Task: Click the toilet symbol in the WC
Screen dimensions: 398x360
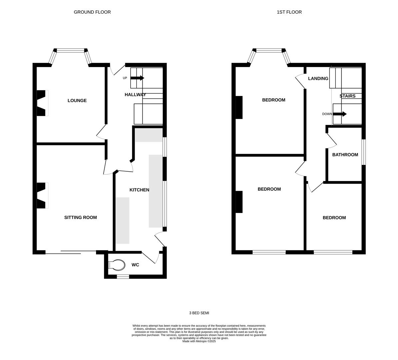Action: pyautogui.click(x=117, y=265)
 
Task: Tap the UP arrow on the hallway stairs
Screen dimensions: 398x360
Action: pyautogui.click(x=137, y=78)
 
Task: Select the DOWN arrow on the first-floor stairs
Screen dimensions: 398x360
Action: pyautogui.click(x=340, y=114)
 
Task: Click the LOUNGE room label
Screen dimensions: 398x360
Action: pyautogui.click(x=77, y=101)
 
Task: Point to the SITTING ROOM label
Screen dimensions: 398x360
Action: pyautogui.click(x=80, y=217)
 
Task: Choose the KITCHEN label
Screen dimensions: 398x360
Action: pyautogui.click(x=139, y=190)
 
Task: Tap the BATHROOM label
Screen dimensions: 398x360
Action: pyautogui.click(x=345, y=155)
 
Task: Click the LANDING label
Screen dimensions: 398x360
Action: pyautogui.click(x=318, y=78)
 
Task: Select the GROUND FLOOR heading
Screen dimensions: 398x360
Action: pyautogui.click(x=92, y=12)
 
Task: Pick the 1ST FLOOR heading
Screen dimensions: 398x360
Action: pyautogui.click(x=289, y=12)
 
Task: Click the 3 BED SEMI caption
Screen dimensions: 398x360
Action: pyautogui.click(x=199, y=313)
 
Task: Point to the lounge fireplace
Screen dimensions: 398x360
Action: pyautogui.click(x=42, y=103)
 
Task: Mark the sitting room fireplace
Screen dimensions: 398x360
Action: pyautogui.click(x=42, y=195)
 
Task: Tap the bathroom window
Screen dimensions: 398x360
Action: pyautogui.click(x=364, y=152)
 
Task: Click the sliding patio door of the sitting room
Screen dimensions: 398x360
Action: pyautogui.click(x=71, y=252)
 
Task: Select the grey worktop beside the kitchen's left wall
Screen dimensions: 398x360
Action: pyautogui.click(x=123, y=220)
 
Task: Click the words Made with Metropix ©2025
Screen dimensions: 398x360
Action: pyautogui.click(x=199, y=341)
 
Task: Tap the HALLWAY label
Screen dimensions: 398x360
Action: pyautogui.click(x=135, y=95)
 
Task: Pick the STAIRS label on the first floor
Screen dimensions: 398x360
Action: pyautogui.click(x=347, y=96)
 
